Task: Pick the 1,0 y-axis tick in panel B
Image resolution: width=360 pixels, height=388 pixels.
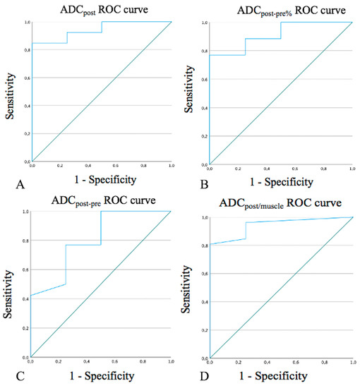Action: click(204, 23)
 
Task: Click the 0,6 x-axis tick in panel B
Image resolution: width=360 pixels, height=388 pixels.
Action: click(294, 168)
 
